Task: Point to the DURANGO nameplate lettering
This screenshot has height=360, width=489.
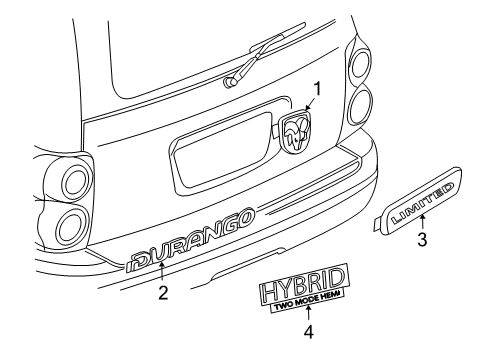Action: [x=190, y=240]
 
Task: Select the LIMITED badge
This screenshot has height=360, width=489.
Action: [x=422, y=201]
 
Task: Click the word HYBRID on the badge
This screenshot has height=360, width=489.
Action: [x=304, y=285]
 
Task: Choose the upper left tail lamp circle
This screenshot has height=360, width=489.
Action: [x=76, y=183]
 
